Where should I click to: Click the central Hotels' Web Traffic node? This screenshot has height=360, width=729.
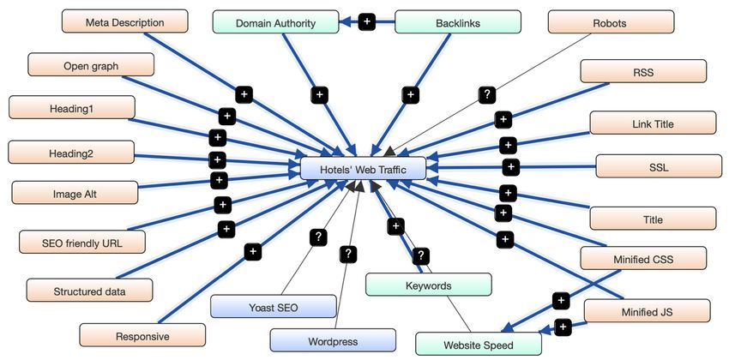pos(363,169)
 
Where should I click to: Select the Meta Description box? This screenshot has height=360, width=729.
pos(125,21)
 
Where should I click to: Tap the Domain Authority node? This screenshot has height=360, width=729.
pos(275,22)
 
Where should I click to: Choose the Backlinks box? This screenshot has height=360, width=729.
pos(458,22)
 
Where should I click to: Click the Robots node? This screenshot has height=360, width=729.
pos(611,22)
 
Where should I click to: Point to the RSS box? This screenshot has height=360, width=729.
pos(643,71)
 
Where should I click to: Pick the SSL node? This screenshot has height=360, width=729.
pos(659,167)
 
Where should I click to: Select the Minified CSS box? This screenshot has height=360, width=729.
pos(643,259)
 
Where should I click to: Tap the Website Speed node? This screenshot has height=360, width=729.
pos(479,345)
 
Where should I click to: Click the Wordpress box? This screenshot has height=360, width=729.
pos(333,341)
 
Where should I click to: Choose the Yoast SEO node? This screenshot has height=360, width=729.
pos(274,307)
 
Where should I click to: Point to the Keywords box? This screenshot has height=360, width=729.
pos(429,285)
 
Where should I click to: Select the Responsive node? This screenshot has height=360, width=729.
pos(142,335)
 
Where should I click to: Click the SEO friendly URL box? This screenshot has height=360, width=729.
pos(82,242)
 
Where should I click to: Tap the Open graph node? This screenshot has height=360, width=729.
pos(91,65)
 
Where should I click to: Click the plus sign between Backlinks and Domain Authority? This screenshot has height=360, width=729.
pos(367,22)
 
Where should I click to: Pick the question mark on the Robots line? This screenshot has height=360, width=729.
pos(487,95)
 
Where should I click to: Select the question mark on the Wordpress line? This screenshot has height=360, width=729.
pos(348,254)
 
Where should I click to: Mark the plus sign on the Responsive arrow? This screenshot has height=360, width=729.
pos(252,251)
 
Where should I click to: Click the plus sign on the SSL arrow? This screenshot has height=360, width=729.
pos(511,166)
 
